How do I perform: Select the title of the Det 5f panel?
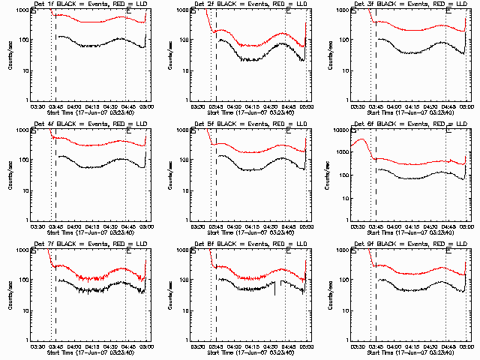[x=249, y=124]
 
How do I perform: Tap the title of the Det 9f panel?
[x=409, y=244]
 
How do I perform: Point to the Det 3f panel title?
[x=409, y=4]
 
